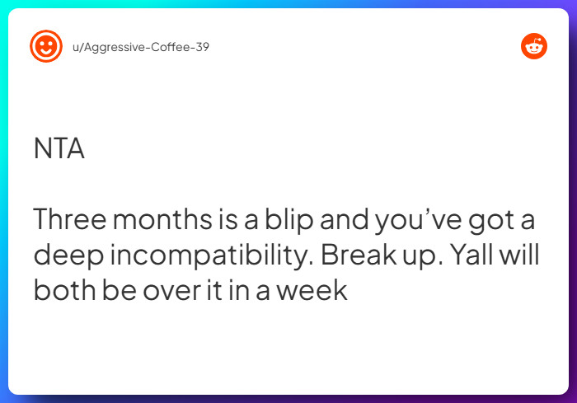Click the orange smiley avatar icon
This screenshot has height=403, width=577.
tap(46, 46)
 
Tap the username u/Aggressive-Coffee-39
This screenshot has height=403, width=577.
tap(141, 47)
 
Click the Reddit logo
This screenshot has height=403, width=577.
tap(534, 46)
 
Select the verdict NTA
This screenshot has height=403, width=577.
tap(59, 148)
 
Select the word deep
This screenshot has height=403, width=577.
tap(65, 255)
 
